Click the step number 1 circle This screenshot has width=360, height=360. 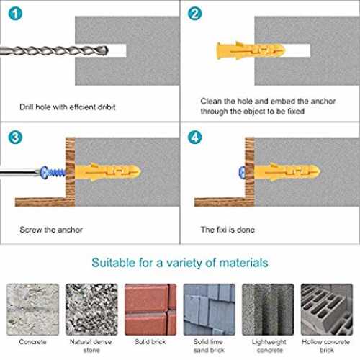tap(15, 14)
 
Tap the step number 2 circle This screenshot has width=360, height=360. tap(194, 14)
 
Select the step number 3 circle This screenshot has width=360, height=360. tap(15, 138)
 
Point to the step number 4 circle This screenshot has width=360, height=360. tap(194, 138)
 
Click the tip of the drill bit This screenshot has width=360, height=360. tap(108, 50)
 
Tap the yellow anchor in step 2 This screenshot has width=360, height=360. tap(251, 50)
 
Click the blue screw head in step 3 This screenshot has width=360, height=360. tap(45, 172)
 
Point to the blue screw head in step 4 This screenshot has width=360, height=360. tap(242, 172)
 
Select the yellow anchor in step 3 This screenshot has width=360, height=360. tap(108, 172)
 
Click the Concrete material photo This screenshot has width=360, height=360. tap(32, 310)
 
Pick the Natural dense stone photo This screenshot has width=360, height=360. tap(91, 310)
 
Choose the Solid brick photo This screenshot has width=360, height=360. tap(150, 310)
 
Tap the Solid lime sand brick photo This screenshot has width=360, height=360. tap(210, 310)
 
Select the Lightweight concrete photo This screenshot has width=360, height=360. tap(268, 310)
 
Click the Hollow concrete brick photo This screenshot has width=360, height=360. tap(327, 310)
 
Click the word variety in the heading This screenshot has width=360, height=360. tap(184, 263)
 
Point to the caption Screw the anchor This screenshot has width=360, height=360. tap(51, 230)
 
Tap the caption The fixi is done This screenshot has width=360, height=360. tap(228, 230)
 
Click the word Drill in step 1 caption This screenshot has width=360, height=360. tap(27, 107)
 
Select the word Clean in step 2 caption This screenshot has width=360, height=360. tap(211, 101)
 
